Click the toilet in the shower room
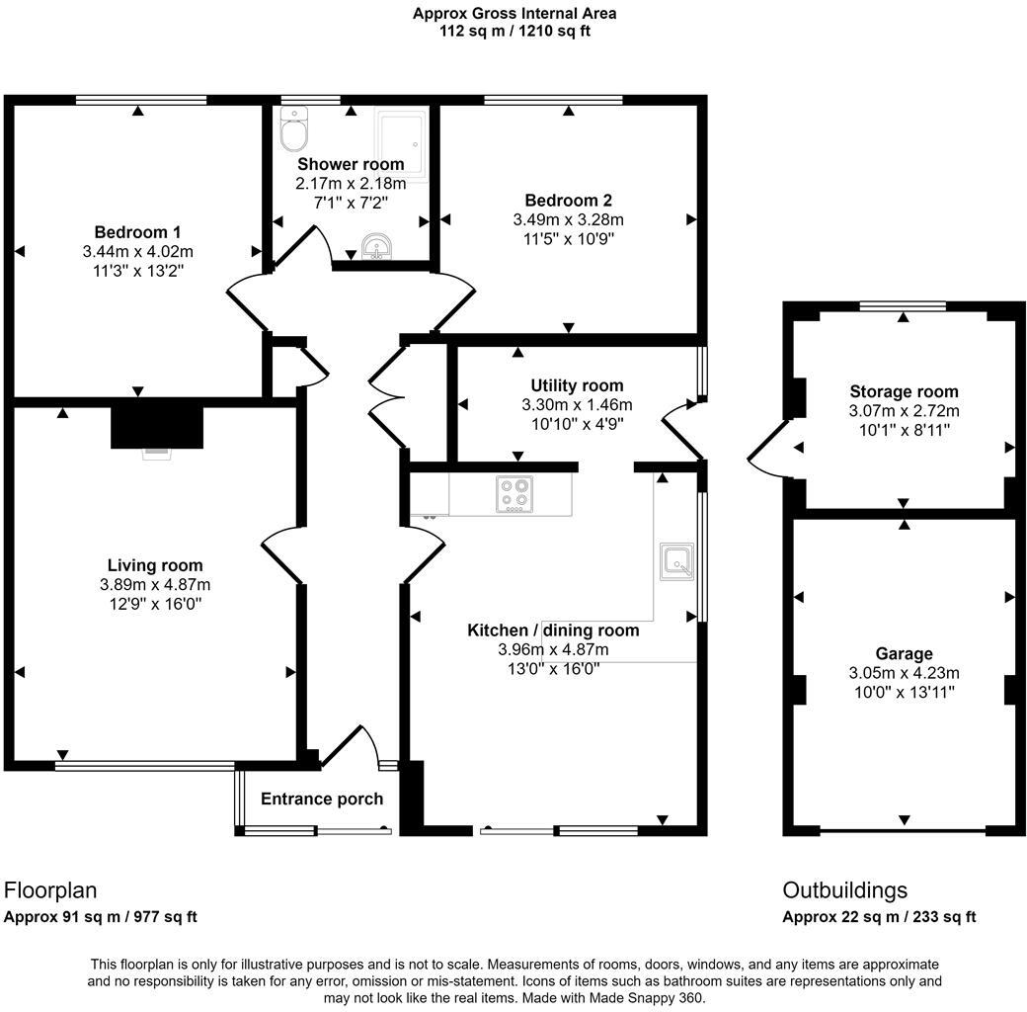click(294, 128)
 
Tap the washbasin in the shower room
click(376, 247)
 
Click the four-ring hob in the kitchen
click(514, 494)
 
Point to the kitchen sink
click(676, 562)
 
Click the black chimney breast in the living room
click(156, 427)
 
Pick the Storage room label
click(903, 391)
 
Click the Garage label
click(903, 653)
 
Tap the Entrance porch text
click(321, 799)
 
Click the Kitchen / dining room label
click(552, 630)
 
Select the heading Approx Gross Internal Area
click(514, 14)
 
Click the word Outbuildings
click(844, 890)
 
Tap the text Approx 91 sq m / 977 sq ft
click(101, 916)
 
